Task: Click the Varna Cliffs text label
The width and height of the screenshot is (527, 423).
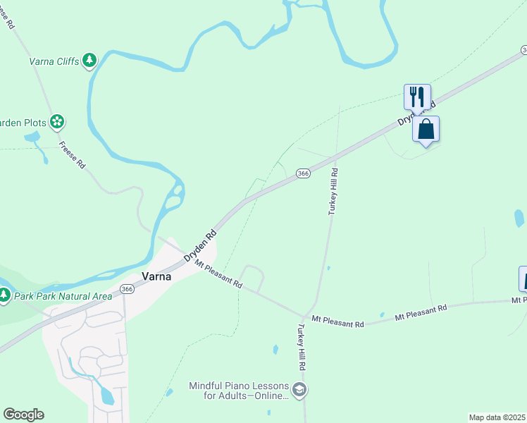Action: tap(54, 61)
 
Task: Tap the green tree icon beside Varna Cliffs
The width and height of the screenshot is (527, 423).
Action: tap(89, 61)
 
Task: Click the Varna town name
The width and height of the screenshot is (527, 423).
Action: tap(157, 277)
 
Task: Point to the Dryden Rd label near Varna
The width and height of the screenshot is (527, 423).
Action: tap(199, 245)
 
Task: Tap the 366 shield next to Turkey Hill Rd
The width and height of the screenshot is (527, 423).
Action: tap(303, 173)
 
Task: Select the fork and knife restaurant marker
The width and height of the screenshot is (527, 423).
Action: tap(417, 97)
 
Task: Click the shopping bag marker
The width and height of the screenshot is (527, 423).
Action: tap(426, 130)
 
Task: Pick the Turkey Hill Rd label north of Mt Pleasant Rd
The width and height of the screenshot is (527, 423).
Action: tap(333, 191)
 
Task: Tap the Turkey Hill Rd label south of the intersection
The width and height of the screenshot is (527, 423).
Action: tap(302, 347)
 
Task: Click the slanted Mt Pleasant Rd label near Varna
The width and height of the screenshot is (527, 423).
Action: tap(218, 275)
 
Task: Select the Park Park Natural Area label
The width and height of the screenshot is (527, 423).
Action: tap(63, 296)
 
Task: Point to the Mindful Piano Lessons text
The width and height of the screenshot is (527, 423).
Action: tap(239, 391)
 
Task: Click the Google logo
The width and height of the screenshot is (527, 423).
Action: tap(23, 415)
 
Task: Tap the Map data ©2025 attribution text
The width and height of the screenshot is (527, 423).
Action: tap(497, 417)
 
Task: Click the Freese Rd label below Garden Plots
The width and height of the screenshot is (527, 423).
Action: tap(72, 155)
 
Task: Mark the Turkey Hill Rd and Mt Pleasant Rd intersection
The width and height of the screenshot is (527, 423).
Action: tap(305, 317)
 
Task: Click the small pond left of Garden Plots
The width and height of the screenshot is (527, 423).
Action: tap(32, 137)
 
